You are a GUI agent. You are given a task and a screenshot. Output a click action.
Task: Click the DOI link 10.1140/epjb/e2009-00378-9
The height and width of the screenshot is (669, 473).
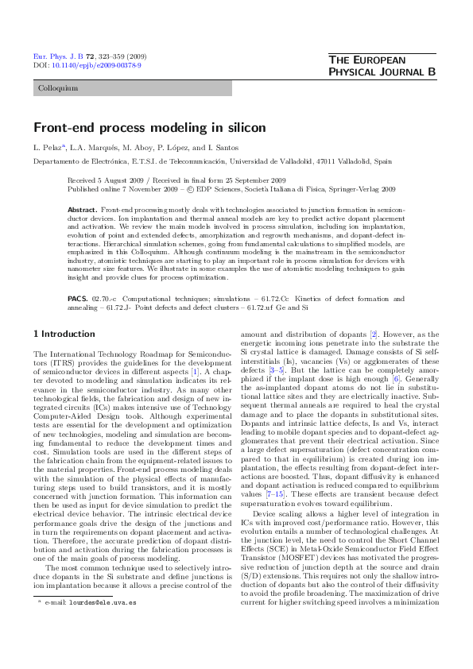click(x=96, y=65)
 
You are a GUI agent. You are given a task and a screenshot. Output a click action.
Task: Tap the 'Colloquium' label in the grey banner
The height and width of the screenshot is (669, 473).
click(x=58, y=88)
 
